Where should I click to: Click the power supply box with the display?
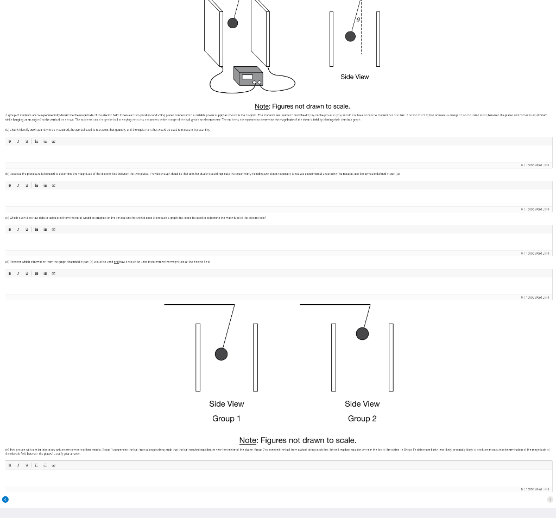[248, 76]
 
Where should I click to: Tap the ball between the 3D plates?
[232, 23]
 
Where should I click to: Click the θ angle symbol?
[357, 20]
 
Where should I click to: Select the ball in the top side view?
[351, 36]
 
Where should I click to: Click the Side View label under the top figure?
[355, 77]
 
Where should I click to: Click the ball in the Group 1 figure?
[221, 354]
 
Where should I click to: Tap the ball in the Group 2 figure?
[362, 333]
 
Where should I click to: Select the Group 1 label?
[226, 419]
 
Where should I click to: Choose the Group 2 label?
[362, 419]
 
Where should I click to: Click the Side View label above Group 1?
[226, 404]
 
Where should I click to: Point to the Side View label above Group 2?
[362, 404]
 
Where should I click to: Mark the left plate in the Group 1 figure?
[198, 357]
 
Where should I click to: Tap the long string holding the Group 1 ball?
[229, 326]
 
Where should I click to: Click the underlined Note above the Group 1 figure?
[263, 106]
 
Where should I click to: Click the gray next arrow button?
[549, 499]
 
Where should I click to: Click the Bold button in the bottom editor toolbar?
[9, 465]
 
